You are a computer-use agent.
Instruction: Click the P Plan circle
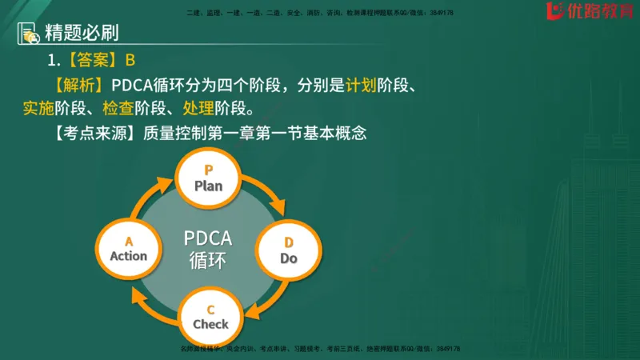tap(208, 178)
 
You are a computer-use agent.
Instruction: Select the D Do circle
tap(288, 250)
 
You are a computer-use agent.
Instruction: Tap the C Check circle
tap(210, 317)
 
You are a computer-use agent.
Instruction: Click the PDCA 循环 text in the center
tap(207, 249)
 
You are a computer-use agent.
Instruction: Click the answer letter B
tap(130, 61)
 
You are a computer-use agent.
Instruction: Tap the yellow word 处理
tap(224, 108)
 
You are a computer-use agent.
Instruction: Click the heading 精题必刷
tap(82, 34)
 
